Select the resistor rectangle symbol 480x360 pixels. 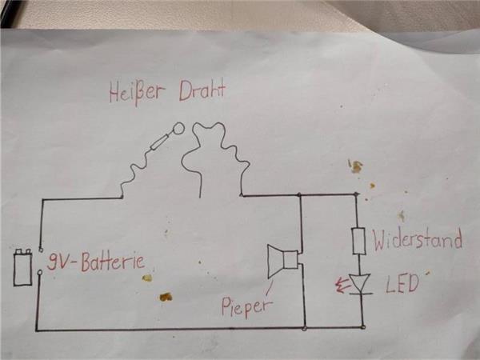(359, 240)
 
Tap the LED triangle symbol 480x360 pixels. (362, 282)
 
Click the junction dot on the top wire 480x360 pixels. (298, 194)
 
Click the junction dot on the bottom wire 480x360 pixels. (305, 327)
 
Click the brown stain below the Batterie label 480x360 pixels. (165, 297)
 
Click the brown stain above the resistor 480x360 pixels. (355, 166)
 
